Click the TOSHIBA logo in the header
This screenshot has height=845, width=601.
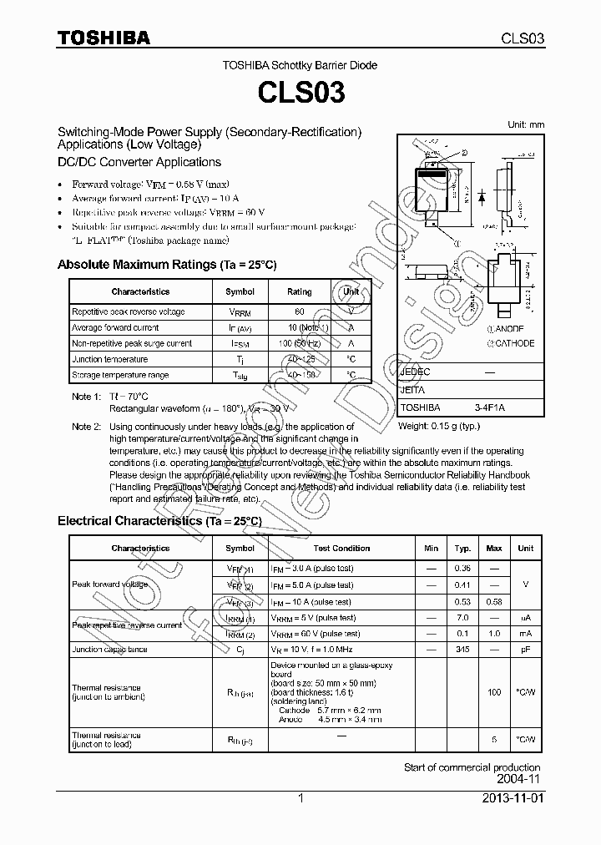pyautogui.click(x=104, y=38)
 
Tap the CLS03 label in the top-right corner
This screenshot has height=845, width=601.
pyautogui.click(x=523, y=38)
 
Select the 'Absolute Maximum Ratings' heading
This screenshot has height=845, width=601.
pyautogui.click(x=166, y=265)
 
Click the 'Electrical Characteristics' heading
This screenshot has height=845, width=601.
pyautogui.click(x=159, y=521)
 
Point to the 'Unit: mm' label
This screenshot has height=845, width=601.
pyautogui.click(x=526, y=124)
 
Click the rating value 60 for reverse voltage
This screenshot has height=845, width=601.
pyautogui.click(x=299, y=311)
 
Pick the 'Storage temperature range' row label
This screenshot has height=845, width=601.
pyautogui.click(x=120, y=375)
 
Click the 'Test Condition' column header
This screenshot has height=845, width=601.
pyautogui.click(x=341, y=549)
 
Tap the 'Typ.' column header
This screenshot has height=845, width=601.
pyautogui.click(x=462, y=549)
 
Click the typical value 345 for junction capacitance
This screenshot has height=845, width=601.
pyautogui.click(x=462, y=649)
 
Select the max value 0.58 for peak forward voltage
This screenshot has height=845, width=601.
pyautogui.click(x=494, y=602)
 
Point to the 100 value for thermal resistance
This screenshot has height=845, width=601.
pyautogui.click(x=494, y=692)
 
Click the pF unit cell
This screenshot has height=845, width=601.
pyautogui.click(x=526, y=649)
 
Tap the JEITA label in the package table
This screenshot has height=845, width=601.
pyautogui.click(x=413, y=390)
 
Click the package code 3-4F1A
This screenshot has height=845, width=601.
pyautogui.click(x=490, y=407)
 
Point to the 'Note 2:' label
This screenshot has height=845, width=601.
pyautogui.click(x=86, y=427)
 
